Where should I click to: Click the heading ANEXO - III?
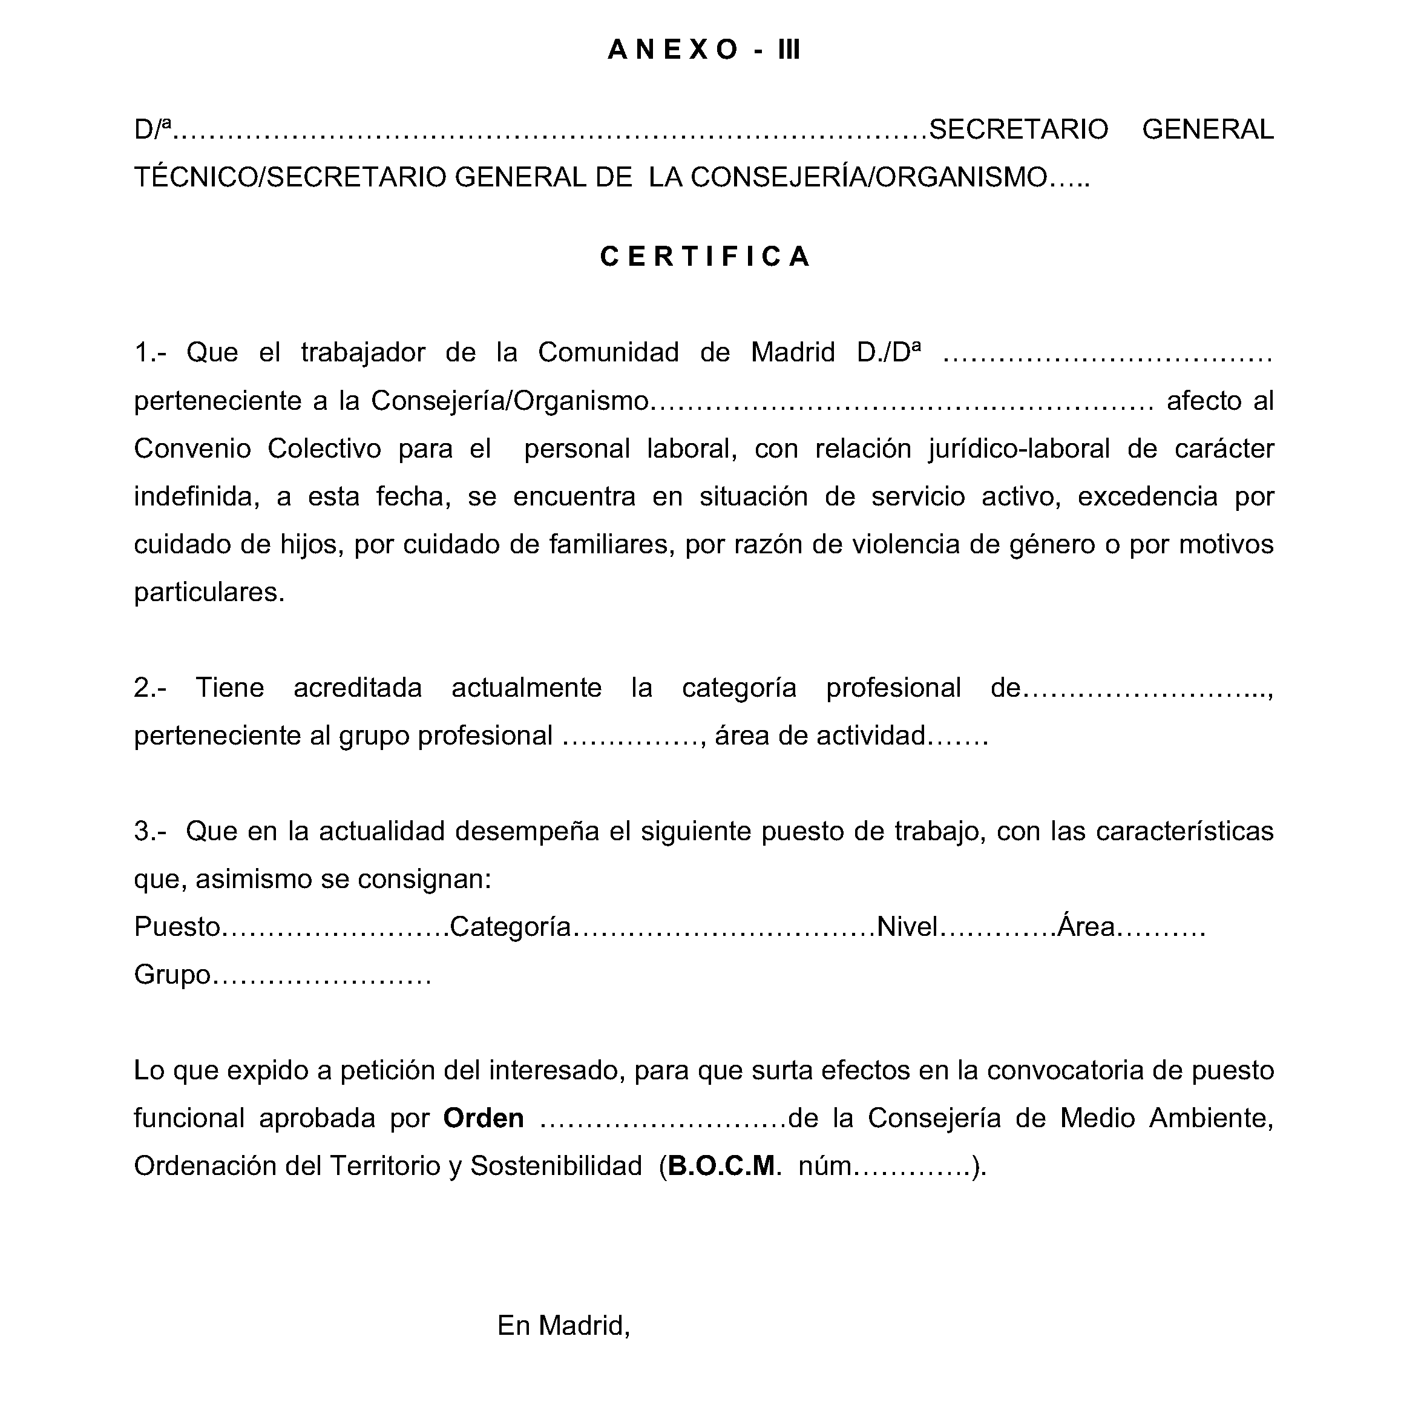click(x=703, y=50)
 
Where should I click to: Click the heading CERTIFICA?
click(x=705, y=256)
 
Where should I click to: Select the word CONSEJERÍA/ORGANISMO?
click(x=868, y=177)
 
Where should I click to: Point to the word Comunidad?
click(x=608, y=352)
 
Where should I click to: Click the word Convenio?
click(x=192, y=449)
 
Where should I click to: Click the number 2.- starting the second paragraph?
click(x=149, y=688)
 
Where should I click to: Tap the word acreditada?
click(x=358, y=688)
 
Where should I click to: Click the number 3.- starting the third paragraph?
click(x=149, y=831)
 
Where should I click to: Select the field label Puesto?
click(x=177, y=927)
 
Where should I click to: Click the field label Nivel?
click(x=908, y=927)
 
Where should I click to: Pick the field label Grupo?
click(x=172, y=975)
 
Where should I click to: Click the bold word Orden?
click(x=484, y=1118)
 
